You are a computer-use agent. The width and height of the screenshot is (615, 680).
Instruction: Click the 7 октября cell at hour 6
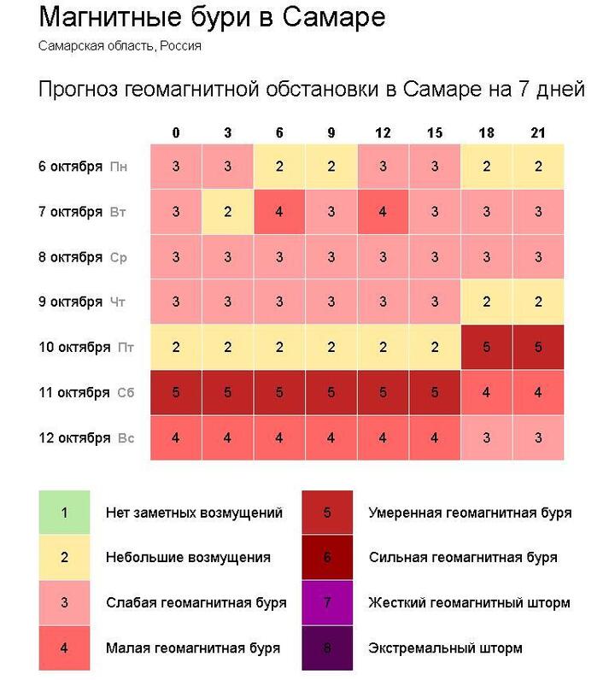[x=279, y=212]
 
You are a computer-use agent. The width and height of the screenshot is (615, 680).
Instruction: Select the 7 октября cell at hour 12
[x=383, y=212]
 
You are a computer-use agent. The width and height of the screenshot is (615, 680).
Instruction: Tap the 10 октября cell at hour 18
[x=487, y=348]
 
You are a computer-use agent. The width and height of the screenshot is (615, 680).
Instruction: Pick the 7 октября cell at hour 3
[x=227, y=212]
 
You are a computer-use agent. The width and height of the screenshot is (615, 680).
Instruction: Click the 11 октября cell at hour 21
[x=538, y=393]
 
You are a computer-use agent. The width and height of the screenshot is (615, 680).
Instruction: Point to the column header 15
[x=435, y=133]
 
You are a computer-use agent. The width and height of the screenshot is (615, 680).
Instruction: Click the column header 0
[x=176, y=133]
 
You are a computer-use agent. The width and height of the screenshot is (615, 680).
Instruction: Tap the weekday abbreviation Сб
[x=126, y=393]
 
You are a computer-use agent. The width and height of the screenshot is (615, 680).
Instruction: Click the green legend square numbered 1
[x=64, y=513]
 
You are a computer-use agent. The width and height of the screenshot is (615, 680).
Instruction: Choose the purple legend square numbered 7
[x=328, y=603]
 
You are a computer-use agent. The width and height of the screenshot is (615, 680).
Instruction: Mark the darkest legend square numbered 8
[x=328, y=648]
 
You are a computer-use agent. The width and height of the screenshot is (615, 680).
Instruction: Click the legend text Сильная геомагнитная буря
[x=463, y=558]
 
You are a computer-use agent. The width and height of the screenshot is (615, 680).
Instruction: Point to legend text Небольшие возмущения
[x=188, y=558]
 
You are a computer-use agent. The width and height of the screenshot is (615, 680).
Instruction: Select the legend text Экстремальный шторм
[x=445, y=648]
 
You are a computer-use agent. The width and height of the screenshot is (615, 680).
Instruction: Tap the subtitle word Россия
[x=180, y=45]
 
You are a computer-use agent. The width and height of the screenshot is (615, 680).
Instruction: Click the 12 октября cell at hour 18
[x=487, y=438]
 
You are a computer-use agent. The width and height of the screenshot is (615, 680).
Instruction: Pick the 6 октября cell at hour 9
[x=331, y=167]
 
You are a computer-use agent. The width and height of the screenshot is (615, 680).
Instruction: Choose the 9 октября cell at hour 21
[x=538, y=302]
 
